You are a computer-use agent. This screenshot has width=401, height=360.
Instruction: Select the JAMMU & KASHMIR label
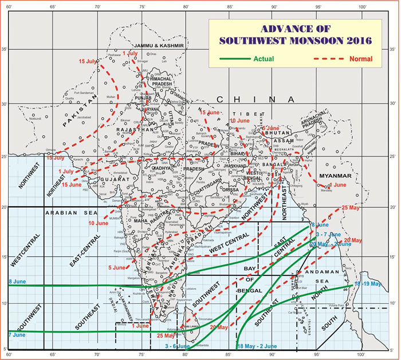point(159,45)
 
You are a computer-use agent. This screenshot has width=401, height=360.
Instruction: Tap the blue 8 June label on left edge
point(17,282)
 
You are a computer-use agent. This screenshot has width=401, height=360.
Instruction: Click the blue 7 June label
point(17,334)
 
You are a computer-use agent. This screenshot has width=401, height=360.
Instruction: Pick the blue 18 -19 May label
point(368,284)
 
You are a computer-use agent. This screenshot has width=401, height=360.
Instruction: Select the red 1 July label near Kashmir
point(130,53)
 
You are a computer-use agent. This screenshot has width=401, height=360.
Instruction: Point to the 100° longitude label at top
point(362,6)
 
